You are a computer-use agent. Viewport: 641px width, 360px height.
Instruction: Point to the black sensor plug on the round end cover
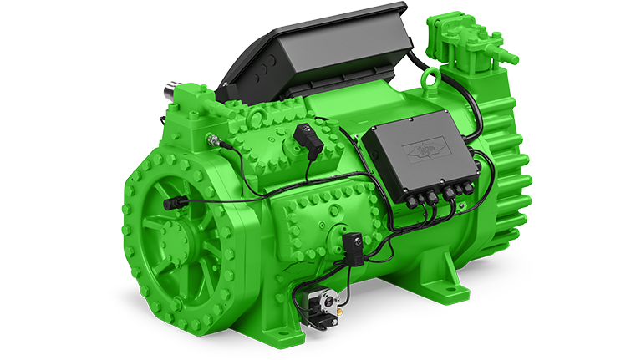[x=173, y=203]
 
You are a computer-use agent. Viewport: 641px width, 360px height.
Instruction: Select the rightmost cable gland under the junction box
[x=469, y=187]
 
